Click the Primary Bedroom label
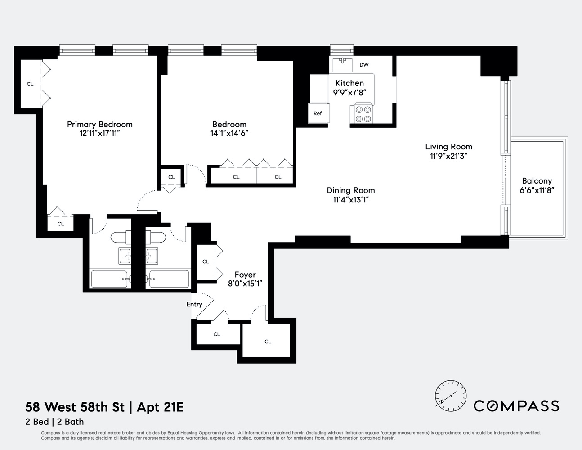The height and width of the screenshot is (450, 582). click(99, 124)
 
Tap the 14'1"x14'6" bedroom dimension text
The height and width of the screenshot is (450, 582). click(229, 133)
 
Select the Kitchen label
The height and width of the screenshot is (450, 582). click(349, 83)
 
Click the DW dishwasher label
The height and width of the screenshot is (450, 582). click(364, 65)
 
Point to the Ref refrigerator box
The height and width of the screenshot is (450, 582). click(318, 113)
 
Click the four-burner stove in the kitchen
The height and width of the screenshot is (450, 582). click(363, 113)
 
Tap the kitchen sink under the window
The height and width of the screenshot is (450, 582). click(342, 64)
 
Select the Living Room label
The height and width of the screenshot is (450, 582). click(448, 146)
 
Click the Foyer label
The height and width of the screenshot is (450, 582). click(245, 274)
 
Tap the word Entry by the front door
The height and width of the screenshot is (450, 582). click(194, 304)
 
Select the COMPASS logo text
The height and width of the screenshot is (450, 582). click(516, 406)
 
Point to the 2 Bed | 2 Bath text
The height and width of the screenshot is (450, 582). click(54, 422)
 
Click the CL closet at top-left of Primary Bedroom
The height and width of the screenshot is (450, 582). click(30, 84)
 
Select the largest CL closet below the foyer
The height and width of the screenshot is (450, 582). click(268, 341)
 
